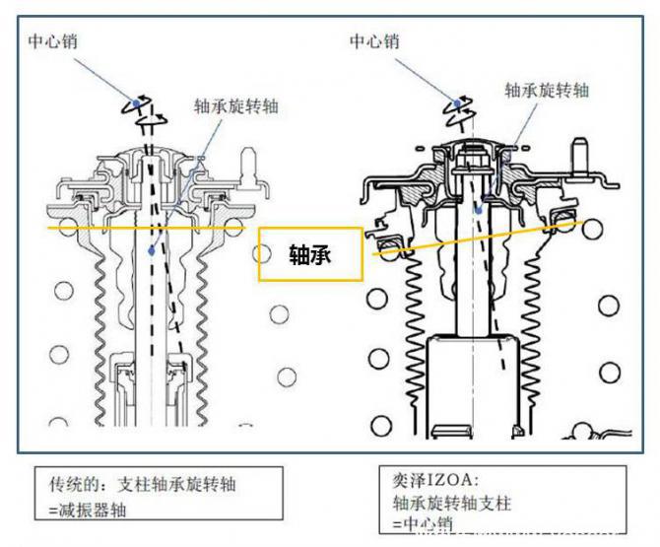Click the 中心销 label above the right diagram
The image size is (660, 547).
(x=374, y=40)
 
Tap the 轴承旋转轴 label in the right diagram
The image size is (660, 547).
(x=547, y=90)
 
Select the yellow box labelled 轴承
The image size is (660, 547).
(x=310, y=255)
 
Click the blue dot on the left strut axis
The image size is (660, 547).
(x=151, y=251)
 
